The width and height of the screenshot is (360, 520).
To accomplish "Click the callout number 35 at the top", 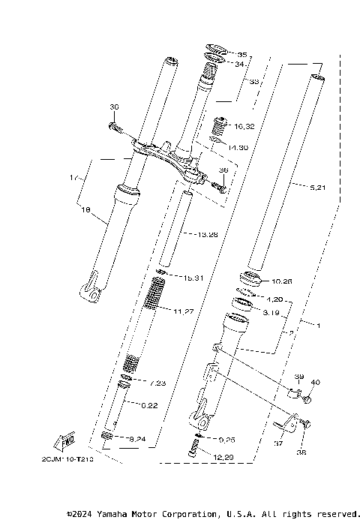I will (x=241, y=55).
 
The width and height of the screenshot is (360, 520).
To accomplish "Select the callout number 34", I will (x=239, y=65).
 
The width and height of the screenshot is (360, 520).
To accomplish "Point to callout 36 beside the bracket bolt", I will (x=223, y=170).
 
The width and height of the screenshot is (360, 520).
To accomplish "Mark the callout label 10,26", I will (x=281, y=281).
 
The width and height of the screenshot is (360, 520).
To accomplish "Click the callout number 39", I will (x=298, y=377).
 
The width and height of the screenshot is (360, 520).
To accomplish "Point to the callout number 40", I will (x=315, y=383).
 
